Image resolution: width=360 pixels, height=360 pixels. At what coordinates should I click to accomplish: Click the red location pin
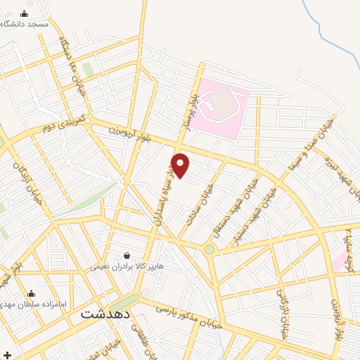pos(181,165)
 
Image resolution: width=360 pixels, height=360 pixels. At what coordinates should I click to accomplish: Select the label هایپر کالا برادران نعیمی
pos(127,267)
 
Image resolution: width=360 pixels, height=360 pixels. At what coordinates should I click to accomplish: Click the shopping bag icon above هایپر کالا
pos(127,255)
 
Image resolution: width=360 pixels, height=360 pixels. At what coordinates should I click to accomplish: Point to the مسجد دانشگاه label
pos(25,24)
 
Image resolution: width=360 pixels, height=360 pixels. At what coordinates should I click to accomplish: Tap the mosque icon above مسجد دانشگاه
pos(25,13)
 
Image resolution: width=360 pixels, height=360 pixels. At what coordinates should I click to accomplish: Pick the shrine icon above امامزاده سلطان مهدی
pos(31,294)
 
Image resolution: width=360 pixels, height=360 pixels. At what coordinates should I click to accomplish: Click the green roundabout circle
pos(209,249)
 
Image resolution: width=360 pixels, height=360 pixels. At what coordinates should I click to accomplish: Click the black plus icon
pos(7,353)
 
